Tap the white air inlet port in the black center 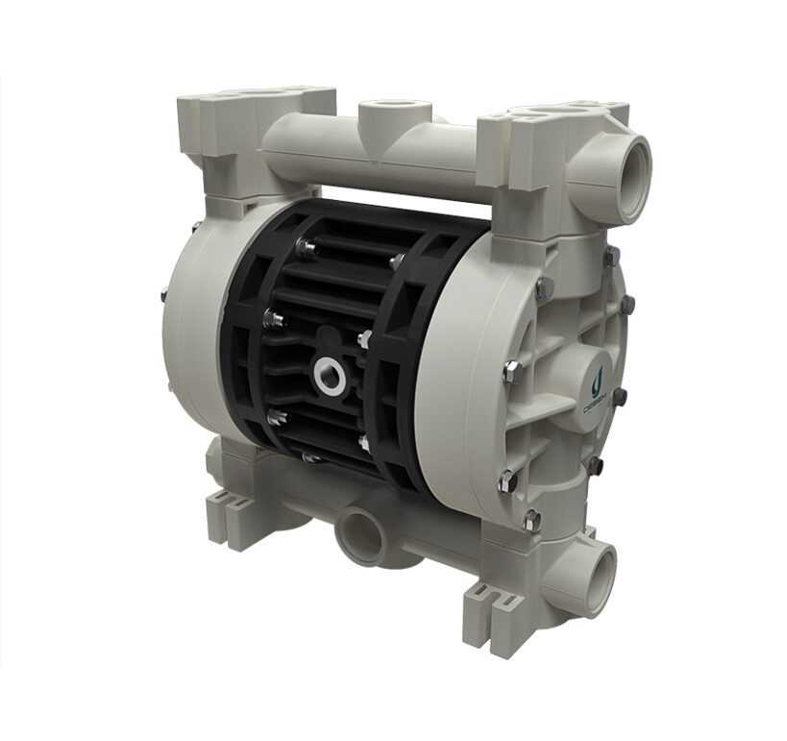pyautogui.click(x=330, y=371)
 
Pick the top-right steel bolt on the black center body pyautogui.click(x=397, y=260)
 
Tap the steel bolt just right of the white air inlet pyautogui.click(x=365, y=338)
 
